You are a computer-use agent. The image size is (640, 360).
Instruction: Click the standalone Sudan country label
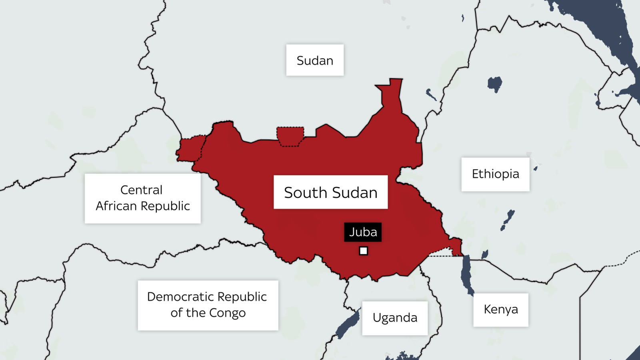click(315, 60)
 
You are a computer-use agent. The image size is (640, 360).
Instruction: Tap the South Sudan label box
click(330, 192)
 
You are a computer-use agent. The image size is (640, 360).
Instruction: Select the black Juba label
click(363, 232)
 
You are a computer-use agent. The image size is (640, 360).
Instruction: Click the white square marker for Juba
click(363, 251)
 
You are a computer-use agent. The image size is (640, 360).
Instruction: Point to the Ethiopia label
click(495, 174)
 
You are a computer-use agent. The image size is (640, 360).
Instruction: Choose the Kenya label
click(500, 309)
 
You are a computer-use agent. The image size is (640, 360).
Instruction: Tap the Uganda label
click(395, 318)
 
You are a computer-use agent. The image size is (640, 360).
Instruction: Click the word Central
click(141, 190)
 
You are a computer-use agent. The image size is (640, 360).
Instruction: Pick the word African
click(116, 206)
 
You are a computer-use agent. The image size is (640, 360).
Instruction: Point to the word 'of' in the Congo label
click(176, 313)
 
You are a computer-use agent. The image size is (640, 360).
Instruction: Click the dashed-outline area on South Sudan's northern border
click(290, 136)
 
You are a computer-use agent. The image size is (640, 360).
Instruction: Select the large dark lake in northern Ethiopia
click(495, 84)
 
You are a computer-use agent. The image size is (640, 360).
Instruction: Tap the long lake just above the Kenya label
click(466, 274)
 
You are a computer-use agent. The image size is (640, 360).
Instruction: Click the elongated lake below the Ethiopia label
click(508, 219)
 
